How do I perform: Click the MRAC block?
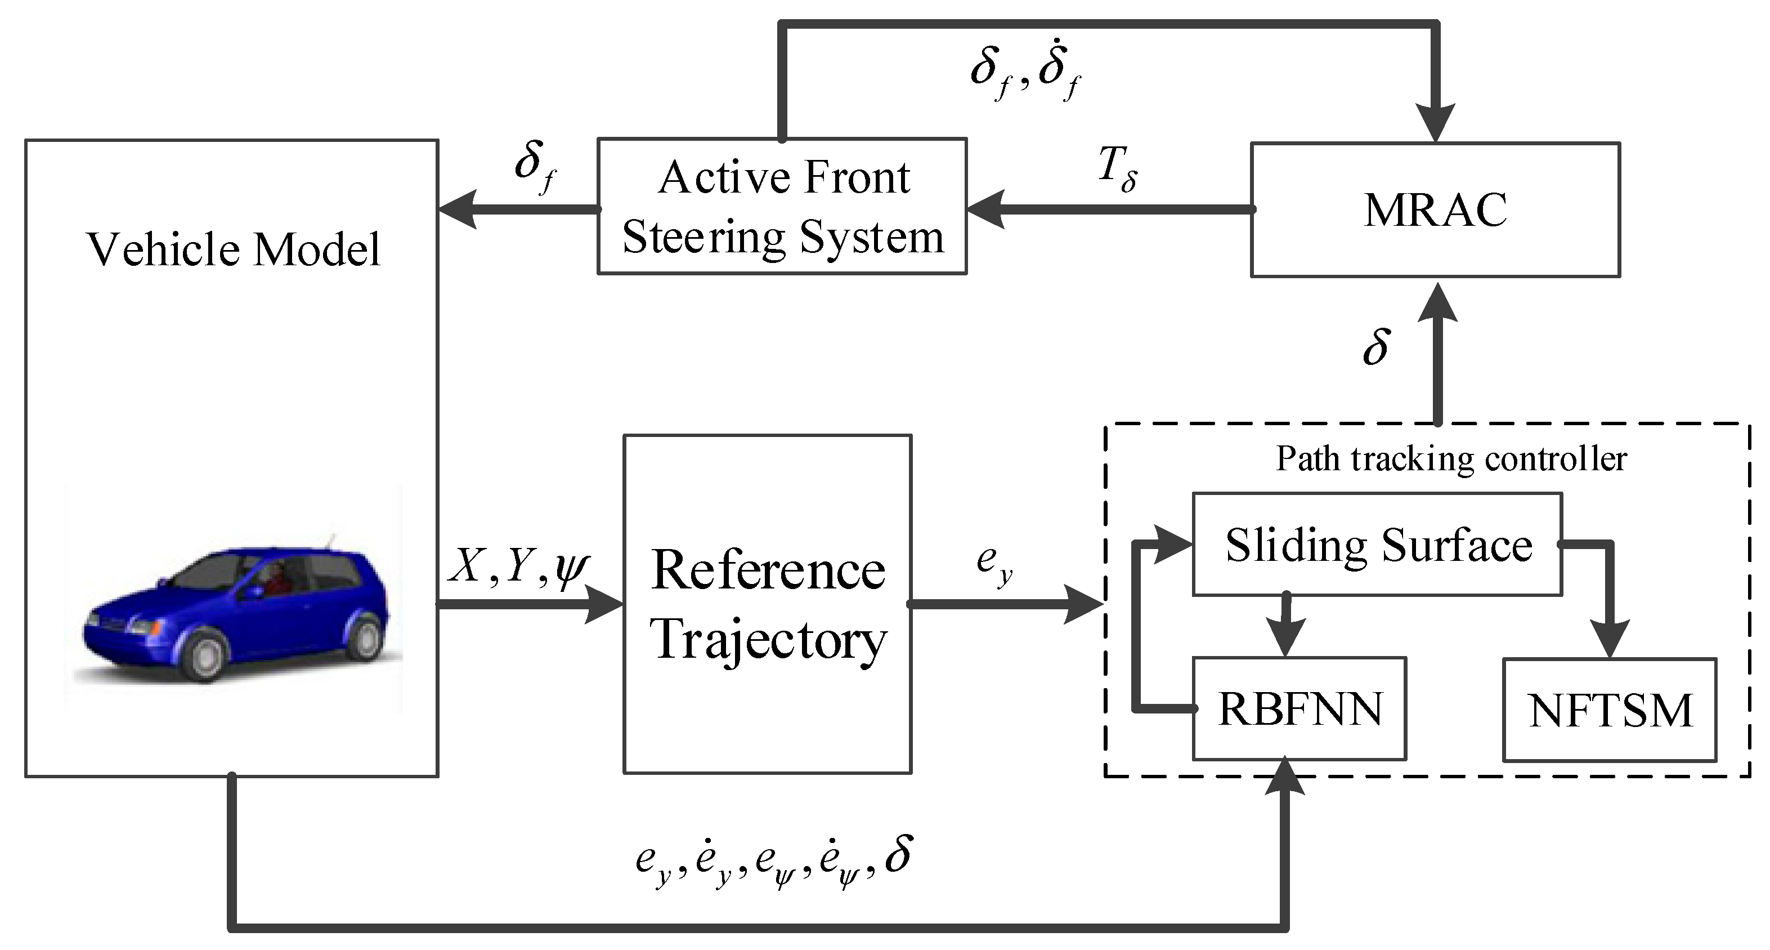pyautogui.click(x=1435, y=209)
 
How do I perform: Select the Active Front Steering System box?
pyautogui.click(x=782, y=206)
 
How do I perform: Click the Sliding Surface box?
pyautogui.click(x=1377, y=545)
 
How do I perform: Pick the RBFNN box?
pyautogui.click(x=1298, y=710)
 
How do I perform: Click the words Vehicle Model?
pyautogui.click(x=234, y=249)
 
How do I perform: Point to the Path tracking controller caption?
pyautogui.click(x=1451, y=458)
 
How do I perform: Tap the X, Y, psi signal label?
pyautogui.click(x=519, y=568)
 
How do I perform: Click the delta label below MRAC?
pyautogui.click(x=1376, y=347)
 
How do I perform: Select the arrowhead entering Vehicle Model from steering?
pyautogui.click(x=457, y=209)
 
